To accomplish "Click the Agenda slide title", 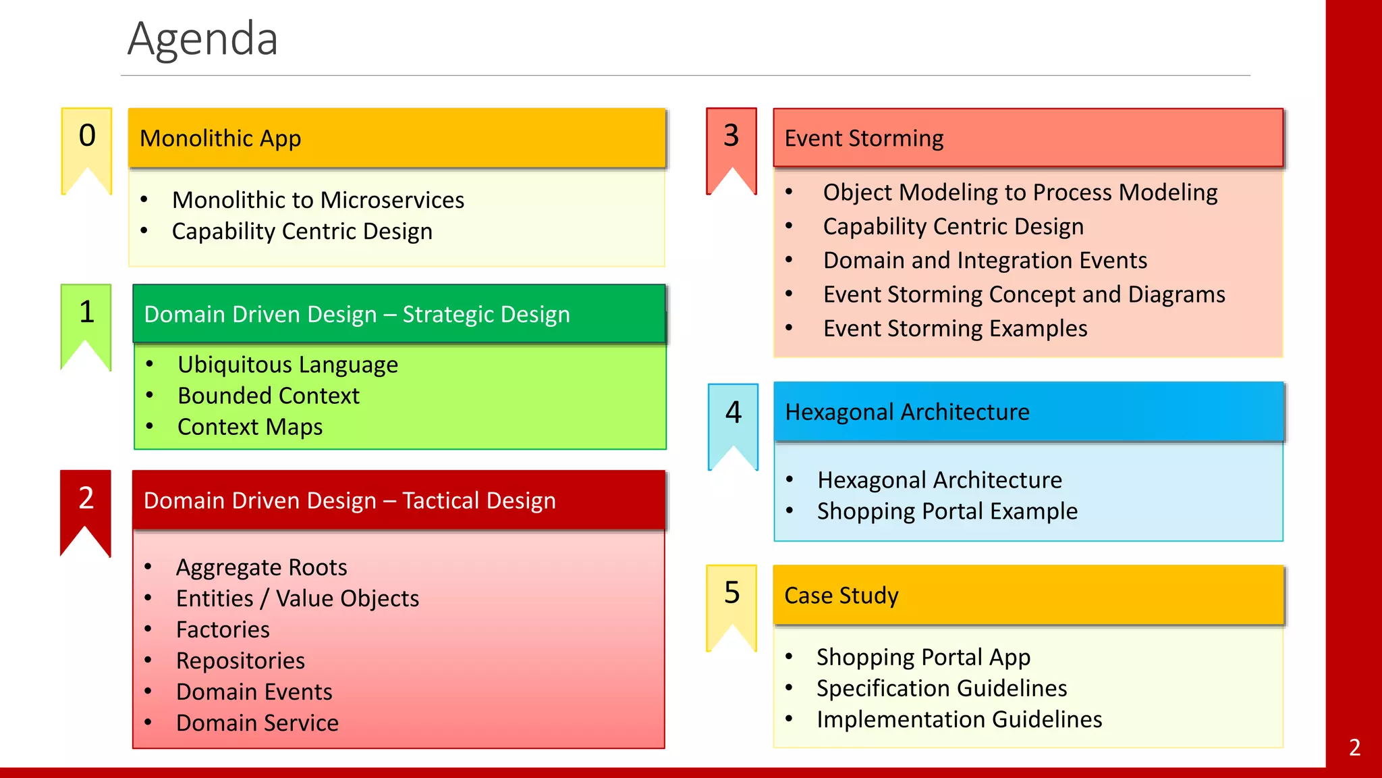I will click(202, 39).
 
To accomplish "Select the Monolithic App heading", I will click(397, 138).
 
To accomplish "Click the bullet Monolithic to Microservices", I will click(318, 200).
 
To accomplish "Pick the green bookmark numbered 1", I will click(86, 317).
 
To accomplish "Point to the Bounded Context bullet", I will click(268, 396).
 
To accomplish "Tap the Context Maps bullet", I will click(250, 427).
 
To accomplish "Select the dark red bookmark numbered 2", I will click(86, 503).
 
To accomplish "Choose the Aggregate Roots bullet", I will click(261, 567).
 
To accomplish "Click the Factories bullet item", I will click(223, 629).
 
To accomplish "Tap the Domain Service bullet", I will click(257, 723).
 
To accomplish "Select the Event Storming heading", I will click(1027, 138).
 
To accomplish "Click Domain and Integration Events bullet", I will click(985, 261).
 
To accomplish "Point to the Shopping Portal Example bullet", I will click(947, 511).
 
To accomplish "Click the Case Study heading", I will click(1027, 595).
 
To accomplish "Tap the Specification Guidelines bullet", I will click(941, 688).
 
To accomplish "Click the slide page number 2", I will click(1354, 748).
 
